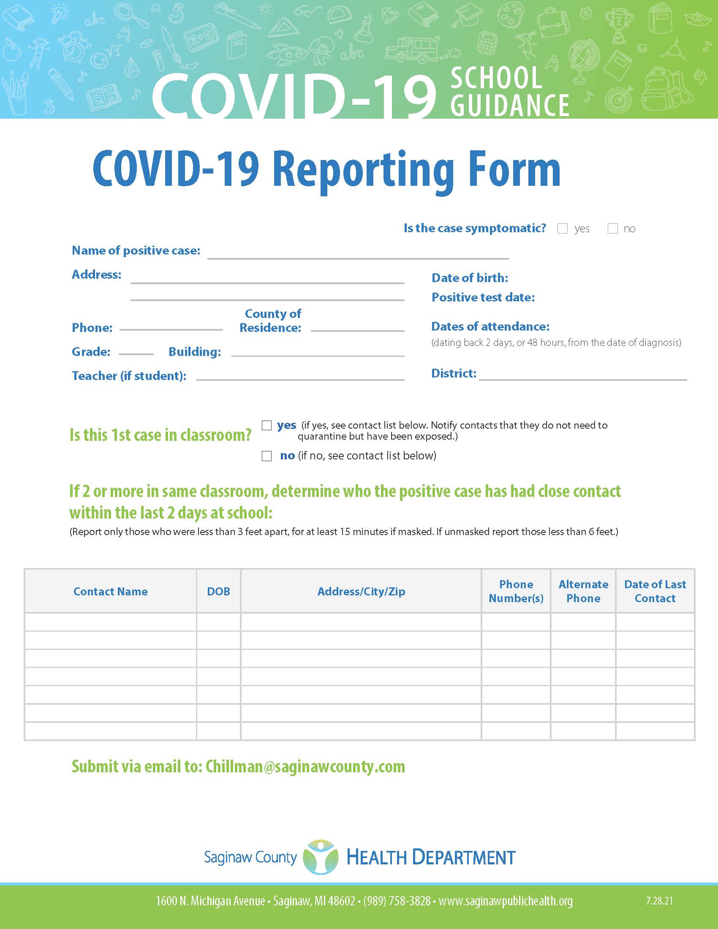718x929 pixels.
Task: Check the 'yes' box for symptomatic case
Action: [x=562, y=229]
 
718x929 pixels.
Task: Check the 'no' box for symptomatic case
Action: [x=612, y=229]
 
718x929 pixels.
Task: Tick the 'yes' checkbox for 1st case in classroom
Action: [x=267, y=425]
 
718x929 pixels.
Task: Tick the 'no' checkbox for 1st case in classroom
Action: [x=267, y=456]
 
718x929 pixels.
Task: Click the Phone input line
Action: [x=171, y=327]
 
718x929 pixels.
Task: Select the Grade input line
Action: [x=136, y=351]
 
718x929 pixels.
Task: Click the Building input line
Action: [x=317, y=353]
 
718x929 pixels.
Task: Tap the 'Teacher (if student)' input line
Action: [x=300, y=376]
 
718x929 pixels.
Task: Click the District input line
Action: [x=583, y=376]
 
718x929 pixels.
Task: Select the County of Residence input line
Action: [x=357, y=328]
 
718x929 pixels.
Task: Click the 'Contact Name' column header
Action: [x=111, y=591]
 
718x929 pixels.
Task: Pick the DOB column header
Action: [x=218, y=591]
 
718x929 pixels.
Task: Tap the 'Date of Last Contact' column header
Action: [x=655, y=591]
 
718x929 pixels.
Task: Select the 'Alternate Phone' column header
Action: [x=583, y=591]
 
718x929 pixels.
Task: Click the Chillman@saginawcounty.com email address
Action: [x=305, y=766]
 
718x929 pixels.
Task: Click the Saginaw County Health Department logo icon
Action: [x=320, y=857]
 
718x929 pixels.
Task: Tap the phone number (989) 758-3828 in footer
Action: [x=397, y=901]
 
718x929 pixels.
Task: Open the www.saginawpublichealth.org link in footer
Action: [x=505, y=901]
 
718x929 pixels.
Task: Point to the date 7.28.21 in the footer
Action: [x=659, y=901]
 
